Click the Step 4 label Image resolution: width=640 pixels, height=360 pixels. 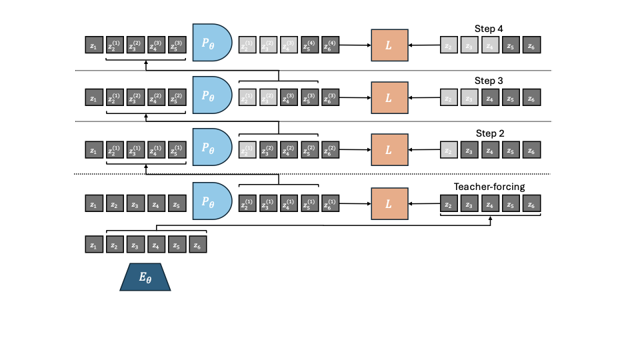click(x=488, y=29)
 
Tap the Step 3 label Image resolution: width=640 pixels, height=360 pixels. click(x=488, y=81)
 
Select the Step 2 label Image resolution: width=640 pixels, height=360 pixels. click(x=488, y=133)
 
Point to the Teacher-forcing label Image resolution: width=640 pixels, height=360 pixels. click(x=489, y=187)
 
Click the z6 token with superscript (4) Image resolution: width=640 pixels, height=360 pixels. click(x=330, y=46)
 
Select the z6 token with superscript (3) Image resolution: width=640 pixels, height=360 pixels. click(x=330, y=98)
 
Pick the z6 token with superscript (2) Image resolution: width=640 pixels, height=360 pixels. click(x=330, y=151)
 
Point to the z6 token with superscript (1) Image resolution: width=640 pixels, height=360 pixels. click(x=330, y=203)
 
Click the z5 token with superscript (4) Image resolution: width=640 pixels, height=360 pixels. click(x=309, y=46)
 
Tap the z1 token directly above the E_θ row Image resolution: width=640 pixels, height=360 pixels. click(x=94, y=245)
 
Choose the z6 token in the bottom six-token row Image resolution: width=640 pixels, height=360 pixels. click(x=198, y=245)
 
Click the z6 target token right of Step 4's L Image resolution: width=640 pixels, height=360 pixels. click(x=531, y=46)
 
